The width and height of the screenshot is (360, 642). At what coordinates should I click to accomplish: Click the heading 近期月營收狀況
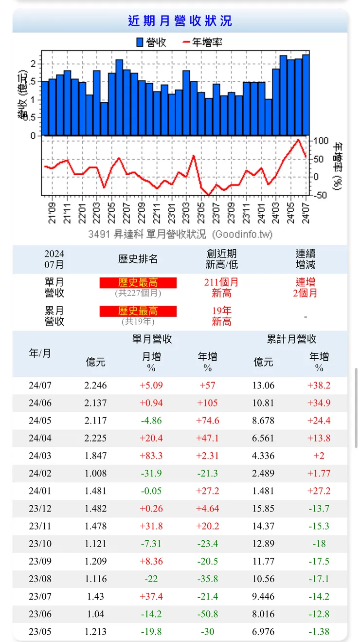(x=180, y=21)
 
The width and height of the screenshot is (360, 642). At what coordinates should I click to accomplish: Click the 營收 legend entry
(x=151, y=43)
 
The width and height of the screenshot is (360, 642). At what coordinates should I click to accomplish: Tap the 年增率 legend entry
(x=203, y=43)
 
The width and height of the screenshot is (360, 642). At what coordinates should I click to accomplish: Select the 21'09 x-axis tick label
(x=52, y=213)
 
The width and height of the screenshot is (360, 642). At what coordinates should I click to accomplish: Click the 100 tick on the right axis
(x=322, y=141)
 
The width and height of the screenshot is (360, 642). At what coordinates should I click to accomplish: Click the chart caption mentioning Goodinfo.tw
(x=180, y=234)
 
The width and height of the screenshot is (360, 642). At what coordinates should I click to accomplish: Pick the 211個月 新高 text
(x=221, y=287)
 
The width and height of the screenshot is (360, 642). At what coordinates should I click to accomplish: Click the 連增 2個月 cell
(x=306, y=287)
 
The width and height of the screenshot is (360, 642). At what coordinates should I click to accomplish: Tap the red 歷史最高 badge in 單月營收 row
(x=138, y=283)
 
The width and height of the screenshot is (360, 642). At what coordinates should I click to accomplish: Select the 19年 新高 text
(x=221, y=316)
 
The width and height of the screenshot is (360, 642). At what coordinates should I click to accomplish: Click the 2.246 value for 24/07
(x=95, y=385)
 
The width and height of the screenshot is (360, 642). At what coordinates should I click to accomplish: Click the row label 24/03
(x=40, y=456)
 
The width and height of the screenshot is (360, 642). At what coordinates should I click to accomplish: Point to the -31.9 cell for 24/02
(x=151, y=473)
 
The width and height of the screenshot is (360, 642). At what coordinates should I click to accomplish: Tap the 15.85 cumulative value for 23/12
(x=263, y=509)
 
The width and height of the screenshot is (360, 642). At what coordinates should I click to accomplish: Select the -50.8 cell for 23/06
(x=208, y=614)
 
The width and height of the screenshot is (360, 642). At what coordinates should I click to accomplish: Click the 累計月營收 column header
(x=292, y=339)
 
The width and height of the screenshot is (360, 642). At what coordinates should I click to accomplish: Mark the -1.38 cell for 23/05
(x=319, y=632)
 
